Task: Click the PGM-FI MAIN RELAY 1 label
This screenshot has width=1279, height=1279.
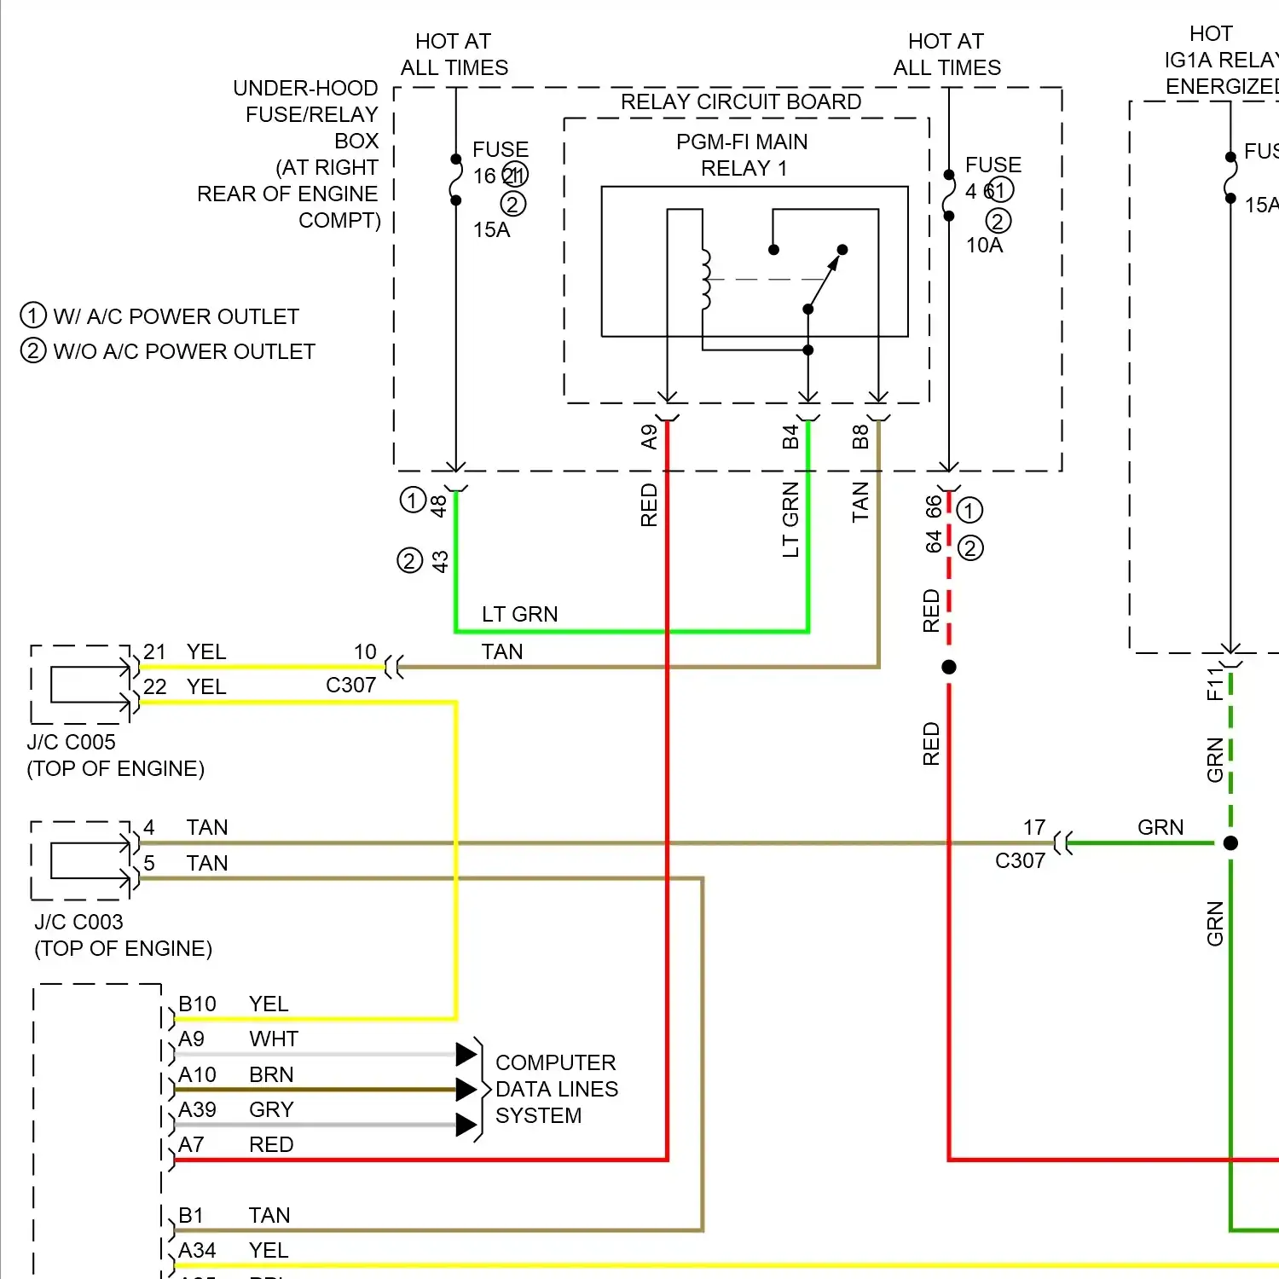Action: point(742,154)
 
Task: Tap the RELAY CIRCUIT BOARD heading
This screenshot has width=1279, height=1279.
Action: point(740,101)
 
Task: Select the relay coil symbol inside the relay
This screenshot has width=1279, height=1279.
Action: point(706,280)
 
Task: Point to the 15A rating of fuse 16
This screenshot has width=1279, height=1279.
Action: point(491,229)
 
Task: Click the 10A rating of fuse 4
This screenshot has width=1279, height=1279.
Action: point(984,245)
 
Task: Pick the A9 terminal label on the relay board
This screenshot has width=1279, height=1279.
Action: point(650,437)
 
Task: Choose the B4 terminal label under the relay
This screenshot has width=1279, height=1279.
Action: point(790,437)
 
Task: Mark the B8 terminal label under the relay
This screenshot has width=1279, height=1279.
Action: point(860,437)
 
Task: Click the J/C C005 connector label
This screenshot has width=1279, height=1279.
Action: point(71,742)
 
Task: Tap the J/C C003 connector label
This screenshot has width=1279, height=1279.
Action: point(78,922)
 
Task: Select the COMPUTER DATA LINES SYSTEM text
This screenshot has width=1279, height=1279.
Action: point(556,1089)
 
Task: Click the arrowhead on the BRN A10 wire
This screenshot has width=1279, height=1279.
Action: point(466,1089)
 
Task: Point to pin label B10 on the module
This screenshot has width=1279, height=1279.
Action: point(197,1004)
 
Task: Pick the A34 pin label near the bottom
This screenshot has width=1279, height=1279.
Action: point(197,1250)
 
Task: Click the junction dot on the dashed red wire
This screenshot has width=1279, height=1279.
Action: point(949,667)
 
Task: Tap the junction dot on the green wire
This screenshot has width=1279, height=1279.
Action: point(1230,843)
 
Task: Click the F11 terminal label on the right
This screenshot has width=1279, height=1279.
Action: point(1215,684)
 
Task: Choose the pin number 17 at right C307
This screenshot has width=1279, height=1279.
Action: point(1034,827)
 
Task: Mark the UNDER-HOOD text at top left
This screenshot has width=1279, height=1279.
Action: point(305,88)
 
